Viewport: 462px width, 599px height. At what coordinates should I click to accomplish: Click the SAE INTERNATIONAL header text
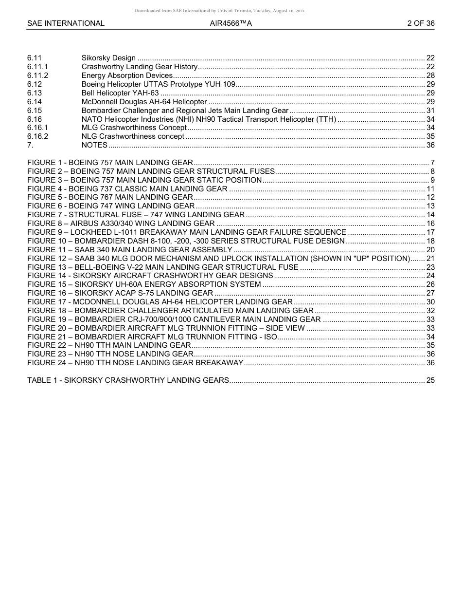pos(66,23)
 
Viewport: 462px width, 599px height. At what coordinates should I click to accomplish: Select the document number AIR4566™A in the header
pos(231,23)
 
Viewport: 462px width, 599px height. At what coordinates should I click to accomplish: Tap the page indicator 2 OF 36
pos(421,23)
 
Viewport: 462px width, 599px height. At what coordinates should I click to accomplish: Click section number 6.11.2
pos(38,75)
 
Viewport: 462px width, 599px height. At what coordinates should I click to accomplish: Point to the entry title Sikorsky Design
pos(108,58)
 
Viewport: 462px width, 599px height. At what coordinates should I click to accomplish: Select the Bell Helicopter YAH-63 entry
pos(120,93)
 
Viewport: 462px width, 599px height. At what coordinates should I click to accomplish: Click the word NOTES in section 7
pos(94,145)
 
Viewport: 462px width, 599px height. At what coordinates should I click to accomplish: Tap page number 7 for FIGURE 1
pos(432,163)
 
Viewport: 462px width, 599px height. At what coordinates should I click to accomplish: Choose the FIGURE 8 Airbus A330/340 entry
pos(121,224)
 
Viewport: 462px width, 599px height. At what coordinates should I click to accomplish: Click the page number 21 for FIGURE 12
pos(430,259)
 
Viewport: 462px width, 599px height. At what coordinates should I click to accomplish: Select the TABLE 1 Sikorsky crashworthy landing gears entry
pos(128,380)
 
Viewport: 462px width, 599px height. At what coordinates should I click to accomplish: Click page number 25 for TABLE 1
pos(430,380)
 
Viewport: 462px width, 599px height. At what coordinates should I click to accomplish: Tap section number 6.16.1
pos(38,128)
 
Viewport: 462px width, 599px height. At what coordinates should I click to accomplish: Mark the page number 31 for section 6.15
pos(430,111)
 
